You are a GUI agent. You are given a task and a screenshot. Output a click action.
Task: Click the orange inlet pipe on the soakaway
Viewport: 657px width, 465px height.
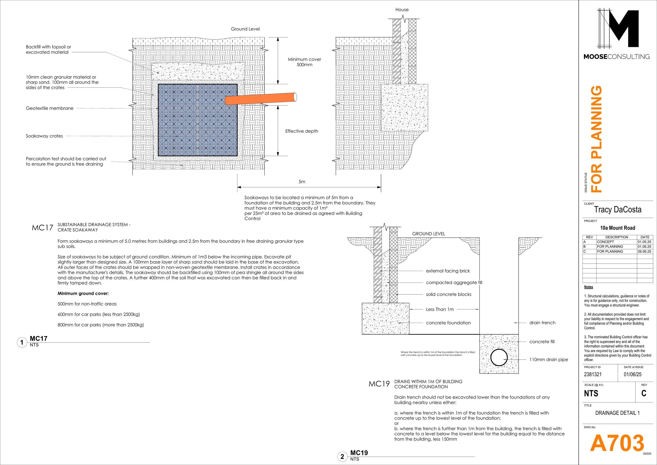[x=260, y=99]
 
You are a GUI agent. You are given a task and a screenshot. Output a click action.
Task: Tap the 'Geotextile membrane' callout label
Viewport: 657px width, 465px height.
[x=49, y=108]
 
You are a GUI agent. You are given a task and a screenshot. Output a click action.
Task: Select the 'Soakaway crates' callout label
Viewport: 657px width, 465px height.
[x=44, y=136]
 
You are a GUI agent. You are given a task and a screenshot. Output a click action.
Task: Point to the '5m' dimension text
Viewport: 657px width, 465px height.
[x=302, y=182]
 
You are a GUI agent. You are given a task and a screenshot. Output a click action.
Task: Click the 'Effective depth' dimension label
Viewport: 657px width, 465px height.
[x=302, y=131]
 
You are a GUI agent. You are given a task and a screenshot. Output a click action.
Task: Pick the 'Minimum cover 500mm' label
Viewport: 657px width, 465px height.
[x=304, y=62]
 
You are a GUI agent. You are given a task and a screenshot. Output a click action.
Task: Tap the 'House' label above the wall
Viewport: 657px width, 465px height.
[x=402, y=10]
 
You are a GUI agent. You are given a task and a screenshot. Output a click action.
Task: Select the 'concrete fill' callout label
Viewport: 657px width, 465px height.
[x=542, y=342]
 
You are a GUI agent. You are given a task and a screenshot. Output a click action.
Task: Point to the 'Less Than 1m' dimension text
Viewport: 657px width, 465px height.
[x=440, y=309]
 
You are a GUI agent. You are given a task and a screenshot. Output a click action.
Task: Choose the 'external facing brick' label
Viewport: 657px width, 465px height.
[x=448, y=271]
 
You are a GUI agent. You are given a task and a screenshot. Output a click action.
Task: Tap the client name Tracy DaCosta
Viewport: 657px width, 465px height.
[x=618, y=209]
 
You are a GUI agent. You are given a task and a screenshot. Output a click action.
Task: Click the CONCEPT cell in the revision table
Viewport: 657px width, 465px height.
[x=605, y=242]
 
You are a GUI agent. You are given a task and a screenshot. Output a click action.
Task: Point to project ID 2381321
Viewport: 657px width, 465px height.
[x=593, y=374]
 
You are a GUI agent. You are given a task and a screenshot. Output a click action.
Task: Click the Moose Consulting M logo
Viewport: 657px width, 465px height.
[x=618, y=29]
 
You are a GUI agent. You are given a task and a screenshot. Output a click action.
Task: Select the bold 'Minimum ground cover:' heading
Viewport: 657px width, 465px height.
[x=83, y=293]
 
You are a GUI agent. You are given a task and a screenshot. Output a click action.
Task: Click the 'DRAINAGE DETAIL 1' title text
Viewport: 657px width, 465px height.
[x=617, y=413]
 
